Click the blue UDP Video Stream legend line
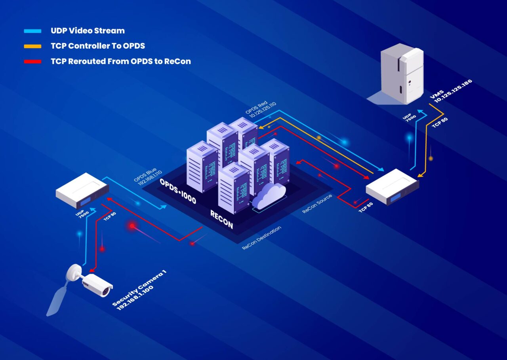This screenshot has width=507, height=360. (32, 31)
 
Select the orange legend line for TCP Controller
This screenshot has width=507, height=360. (32, 46)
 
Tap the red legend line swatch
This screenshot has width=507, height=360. (32, 62)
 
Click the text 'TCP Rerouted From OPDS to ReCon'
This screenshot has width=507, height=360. (121, 61)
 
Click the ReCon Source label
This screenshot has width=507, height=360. (317, 204)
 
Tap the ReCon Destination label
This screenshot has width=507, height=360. (261, 238)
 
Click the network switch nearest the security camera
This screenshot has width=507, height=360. (82, 190)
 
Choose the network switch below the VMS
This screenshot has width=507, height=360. (392, 187)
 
